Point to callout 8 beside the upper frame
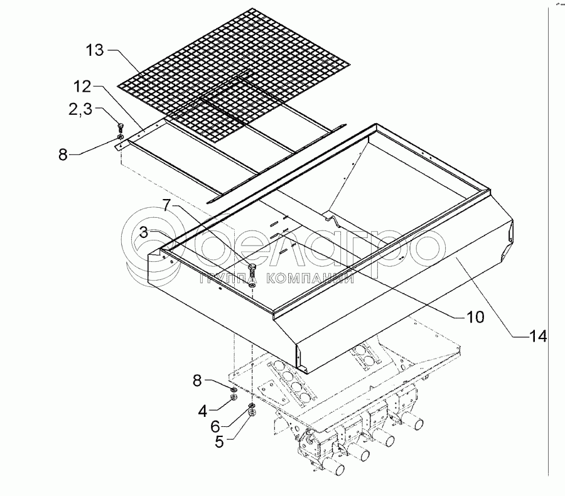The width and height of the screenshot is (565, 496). pos(63,154)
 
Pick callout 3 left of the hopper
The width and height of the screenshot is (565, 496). pos(144,232)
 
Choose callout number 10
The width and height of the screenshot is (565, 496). pos(475,317)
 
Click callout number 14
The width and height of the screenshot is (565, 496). pos(537,337)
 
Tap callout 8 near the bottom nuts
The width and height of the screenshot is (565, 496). pos(197,379)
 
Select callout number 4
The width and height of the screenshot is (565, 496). pos(202,412)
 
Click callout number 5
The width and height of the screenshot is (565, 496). pos(219,441)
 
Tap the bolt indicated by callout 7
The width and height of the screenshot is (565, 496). pos(252,271)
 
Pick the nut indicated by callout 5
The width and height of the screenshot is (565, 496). pos(252,414)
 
